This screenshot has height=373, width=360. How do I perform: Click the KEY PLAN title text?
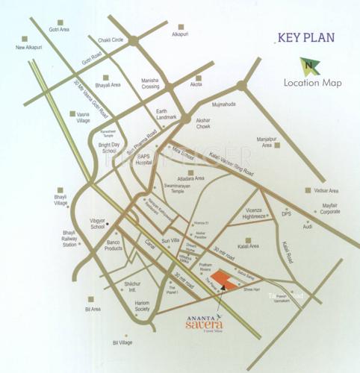305,37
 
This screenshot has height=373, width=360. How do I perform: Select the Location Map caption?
313,83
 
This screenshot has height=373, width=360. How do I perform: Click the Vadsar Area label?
327,191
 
